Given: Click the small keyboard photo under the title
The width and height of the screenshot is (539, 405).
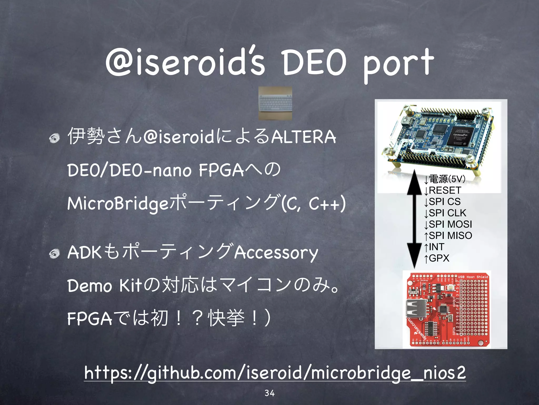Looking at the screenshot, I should pos(275,103).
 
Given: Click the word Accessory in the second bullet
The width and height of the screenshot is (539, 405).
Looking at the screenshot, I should pos(276,253).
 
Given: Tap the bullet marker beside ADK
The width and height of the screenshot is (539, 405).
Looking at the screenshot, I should pos(55,253).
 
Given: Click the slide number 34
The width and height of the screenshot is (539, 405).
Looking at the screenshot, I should pos(269,393).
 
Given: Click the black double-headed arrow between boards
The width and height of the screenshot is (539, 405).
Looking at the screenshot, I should pos(414,219).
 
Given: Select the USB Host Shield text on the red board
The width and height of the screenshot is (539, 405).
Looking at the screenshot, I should pos(473,277).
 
